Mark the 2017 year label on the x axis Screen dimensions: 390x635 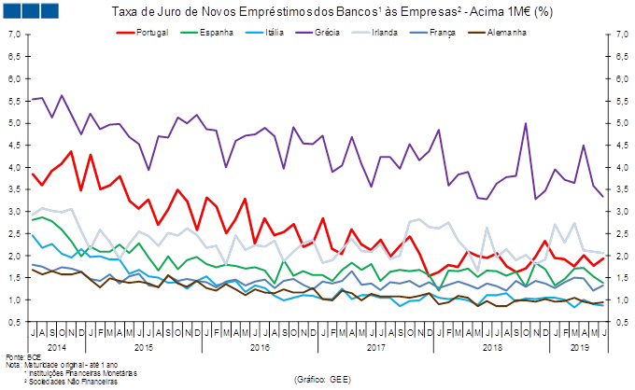(376, 347)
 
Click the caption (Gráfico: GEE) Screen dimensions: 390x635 (322, 380)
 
